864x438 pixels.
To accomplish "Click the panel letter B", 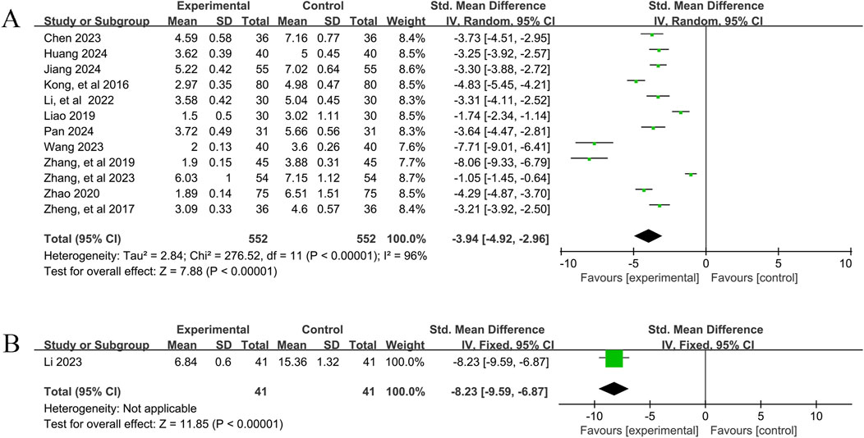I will point(11,340).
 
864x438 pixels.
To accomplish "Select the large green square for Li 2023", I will point(614,359).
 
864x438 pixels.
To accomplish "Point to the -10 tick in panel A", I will point(565,262).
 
